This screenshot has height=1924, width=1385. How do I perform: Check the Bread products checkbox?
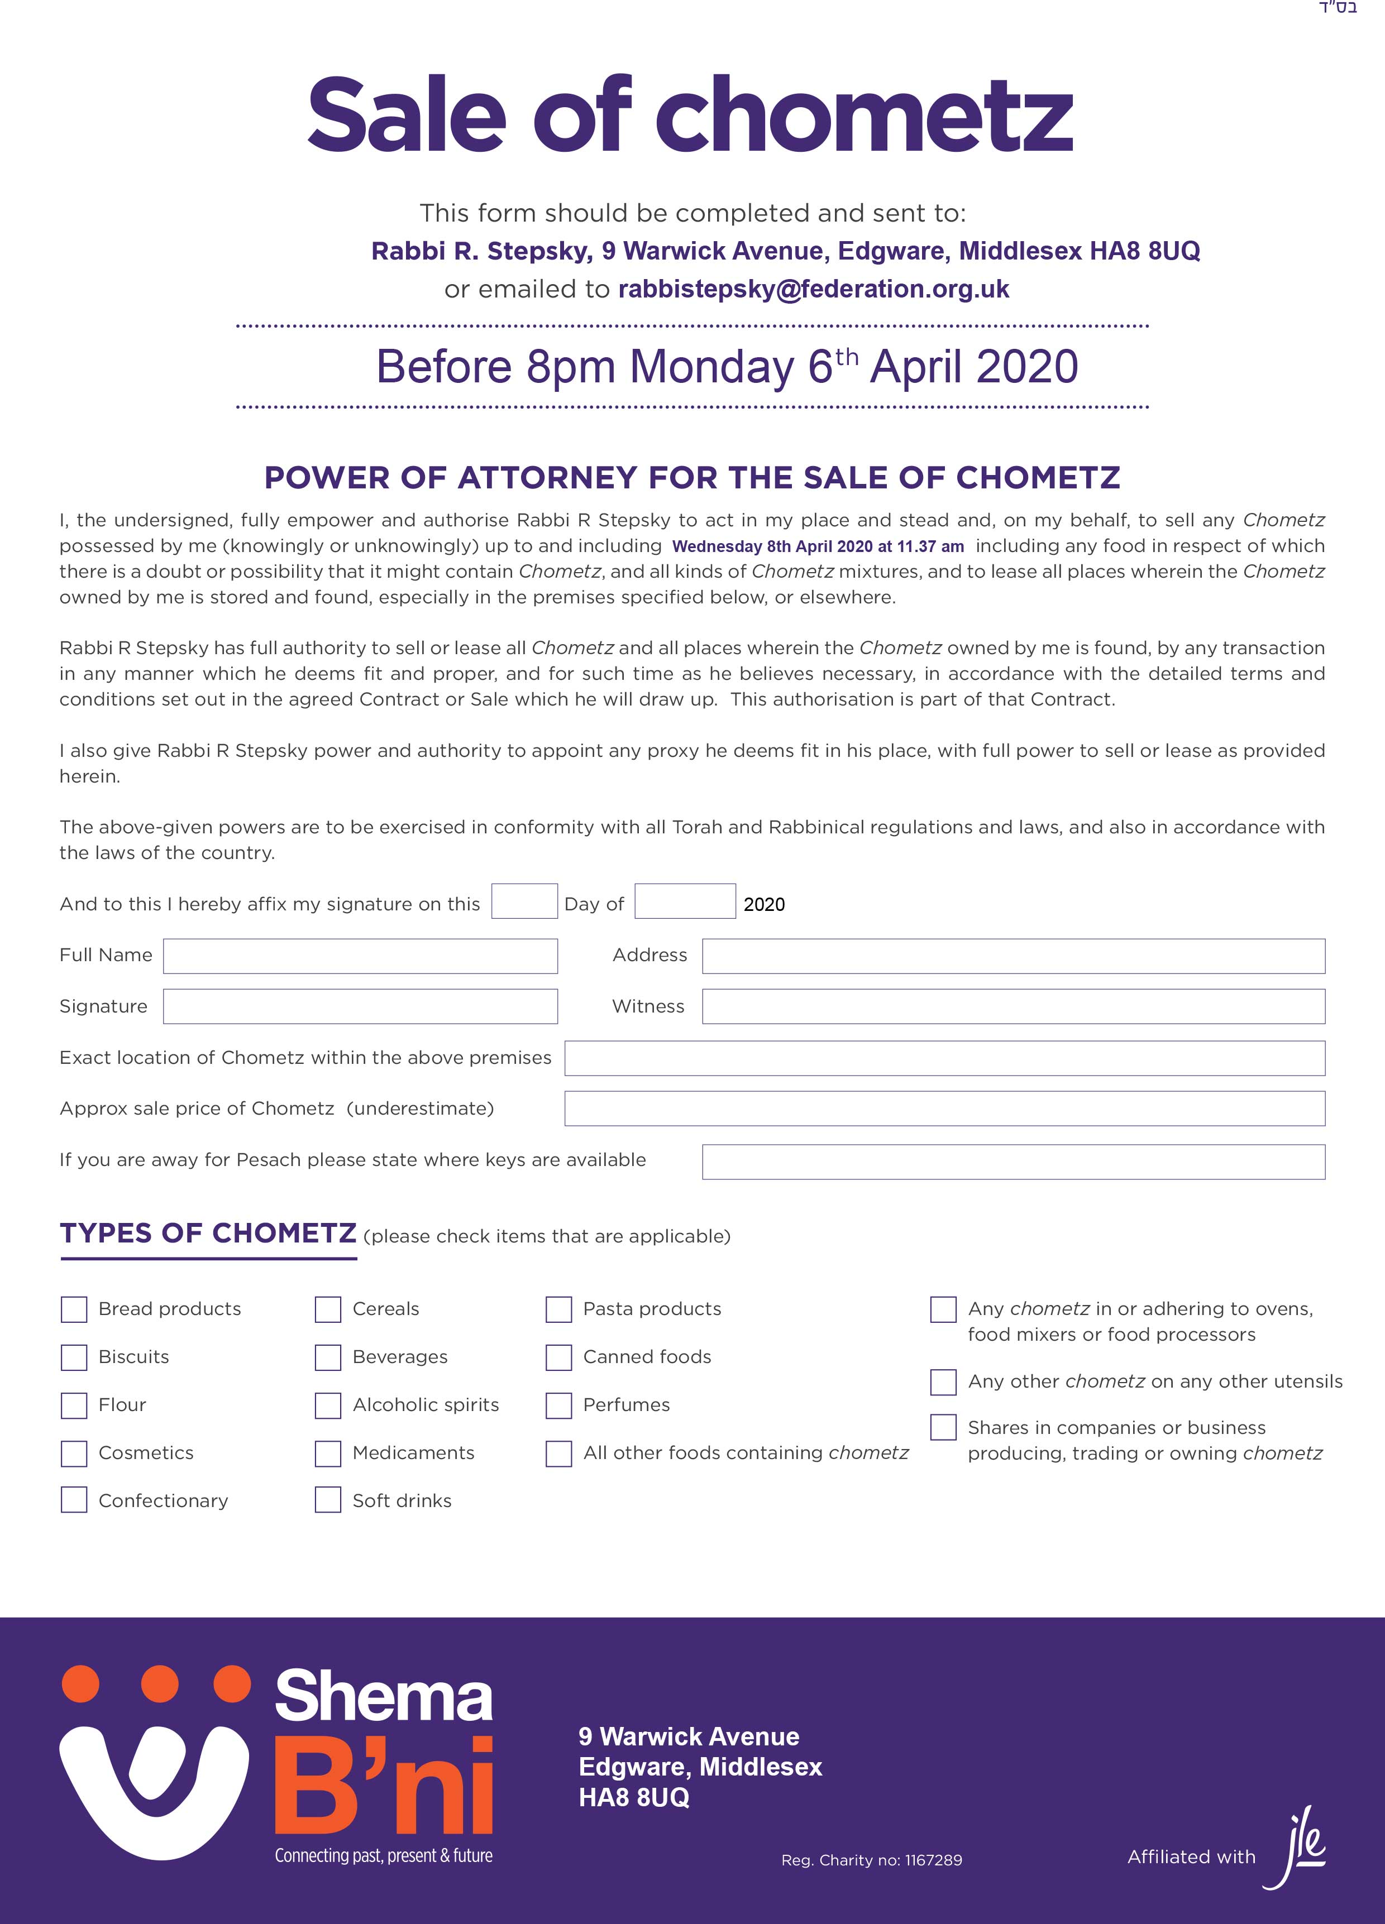click(x=74, y=1309)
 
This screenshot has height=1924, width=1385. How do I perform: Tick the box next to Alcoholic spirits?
click(x=328, y=1405)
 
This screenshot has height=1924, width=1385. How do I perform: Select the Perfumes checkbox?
click(x=558, y=1405)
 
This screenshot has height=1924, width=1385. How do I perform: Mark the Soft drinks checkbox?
click(x=328, y=1501)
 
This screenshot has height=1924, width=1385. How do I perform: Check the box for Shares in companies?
click(x=943, y=1428)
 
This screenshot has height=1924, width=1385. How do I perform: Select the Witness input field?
click(x=1013, y=1007)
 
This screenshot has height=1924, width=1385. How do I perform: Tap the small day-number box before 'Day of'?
click(x=524, y=902)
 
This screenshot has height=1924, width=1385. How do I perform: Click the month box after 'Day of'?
click(x=685, y=902)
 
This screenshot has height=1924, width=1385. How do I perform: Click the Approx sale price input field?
click(x=944, y=1109)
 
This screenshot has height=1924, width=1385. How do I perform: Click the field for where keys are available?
click(x=1013, y=1162)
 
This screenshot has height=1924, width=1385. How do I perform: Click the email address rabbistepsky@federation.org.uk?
click(x=814, y=289)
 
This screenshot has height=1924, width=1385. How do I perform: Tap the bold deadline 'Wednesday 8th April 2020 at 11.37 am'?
click(x=818, y=547)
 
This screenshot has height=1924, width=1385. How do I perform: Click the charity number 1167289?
click(x=934, y=1860)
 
